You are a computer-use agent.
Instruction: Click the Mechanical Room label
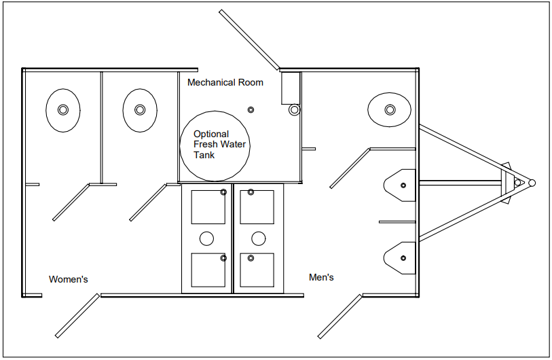[225, 83]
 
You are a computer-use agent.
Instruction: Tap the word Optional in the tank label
[211, 134]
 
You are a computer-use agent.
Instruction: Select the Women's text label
[69, 279]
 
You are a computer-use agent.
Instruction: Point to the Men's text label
[321, 277]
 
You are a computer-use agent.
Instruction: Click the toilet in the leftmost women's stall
[62, 109]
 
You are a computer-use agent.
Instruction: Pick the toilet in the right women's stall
[140, 109]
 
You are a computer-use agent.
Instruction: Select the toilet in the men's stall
[389, 109]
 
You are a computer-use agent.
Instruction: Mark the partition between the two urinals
[397, 221]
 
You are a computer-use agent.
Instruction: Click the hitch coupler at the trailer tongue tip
[532, 183]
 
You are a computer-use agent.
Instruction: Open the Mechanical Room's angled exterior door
[249, 40]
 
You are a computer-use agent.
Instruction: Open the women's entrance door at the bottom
[77, 316]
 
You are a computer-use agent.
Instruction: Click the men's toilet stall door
[350, 168]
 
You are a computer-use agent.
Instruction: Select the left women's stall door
[71, 202]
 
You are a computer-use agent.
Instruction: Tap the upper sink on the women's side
[208, 207]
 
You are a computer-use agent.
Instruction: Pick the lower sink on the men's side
[257, 270]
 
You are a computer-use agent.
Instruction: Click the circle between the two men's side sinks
[258, 238]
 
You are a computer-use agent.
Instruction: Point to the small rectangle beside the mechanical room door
[291, 88]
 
